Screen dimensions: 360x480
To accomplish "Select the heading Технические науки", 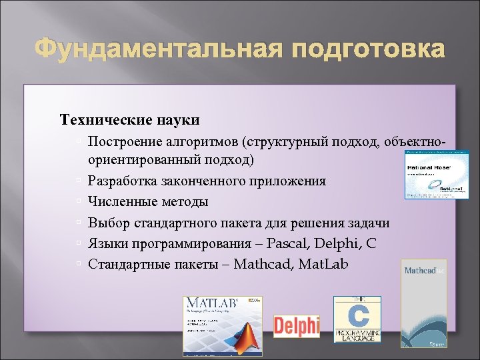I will pyautogui.click(x=129, y=120).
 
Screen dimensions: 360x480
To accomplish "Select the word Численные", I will pyautogui.click(x=120, y=202).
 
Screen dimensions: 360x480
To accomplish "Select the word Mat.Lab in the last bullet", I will pyautogui.click(x=323, y=264).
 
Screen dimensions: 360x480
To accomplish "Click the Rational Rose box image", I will pyautogui.click(x=431, y=175).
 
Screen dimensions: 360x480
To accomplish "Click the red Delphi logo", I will pyautogui.click(x=296, y=326).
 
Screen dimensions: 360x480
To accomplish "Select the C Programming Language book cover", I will pyautogui.click(x=357, y=319).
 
